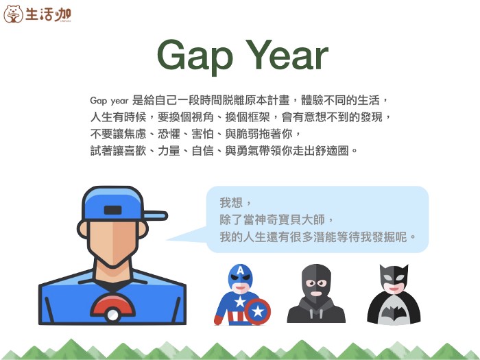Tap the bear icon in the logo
(13, 14)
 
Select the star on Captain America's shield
(258, 312)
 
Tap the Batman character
(394, 295)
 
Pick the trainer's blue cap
(113, 203)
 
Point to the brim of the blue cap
(155, 215)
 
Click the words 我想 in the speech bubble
(231, 203)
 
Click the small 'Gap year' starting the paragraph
(110, 99)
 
